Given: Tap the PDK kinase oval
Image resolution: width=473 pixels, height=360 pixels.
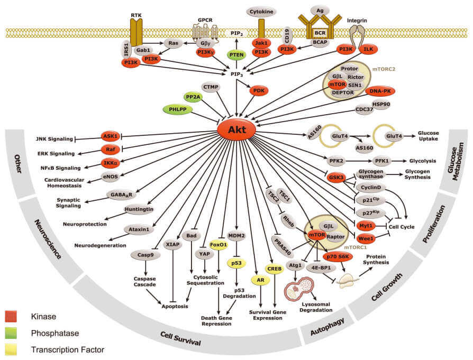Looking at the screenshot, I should tap(259, 90).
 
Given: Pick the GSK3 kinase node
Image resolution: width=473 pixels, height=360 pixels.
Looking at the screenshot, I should tap(336, 177).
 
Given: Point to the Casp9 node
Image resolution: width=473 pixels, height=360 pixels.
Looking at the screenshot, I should tap(142, 255).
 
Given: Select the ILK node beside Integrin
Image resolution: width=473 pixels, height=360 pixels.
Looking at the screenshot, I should tap(369, 49).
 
